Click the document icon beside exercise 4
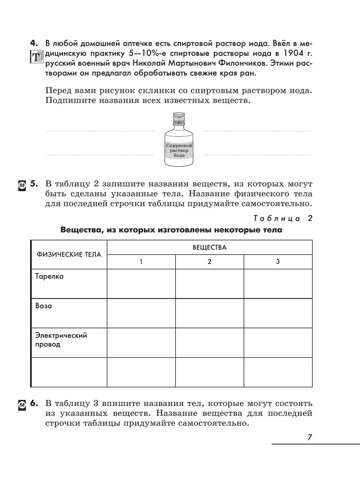[x=35, y=57]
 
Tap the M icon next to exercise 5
[x=22, y=185]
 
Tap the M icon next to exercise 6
[x=22, y=405]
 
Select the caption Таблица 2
[x=282, y=218]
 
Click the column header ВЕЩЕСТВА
[x=209, y=247]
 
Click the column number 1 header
[x=141, y=262]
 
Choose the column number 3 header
[x=278, y=262]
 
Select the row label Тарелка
[x=49, y=276]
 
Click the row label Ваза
[x=44, y=306]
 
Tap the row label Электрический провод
[x=61, y=340]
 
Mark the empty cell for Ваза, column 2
[x=209, y=314]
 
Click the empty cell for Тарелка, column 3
[x=278, y=284]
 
